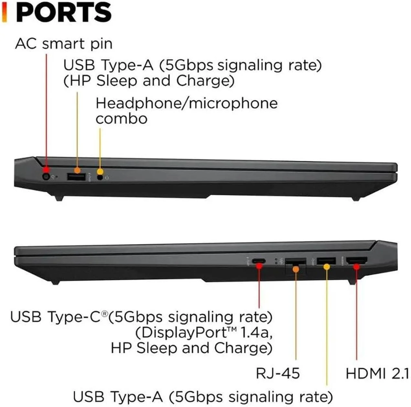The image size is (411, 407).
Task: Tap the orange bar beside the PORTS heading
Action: (x=4, y=12)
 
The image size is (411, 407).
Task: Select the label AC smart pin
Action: (x=64, y=44)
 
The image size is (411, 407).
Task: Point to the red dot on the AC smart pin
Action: (x=46, y=170)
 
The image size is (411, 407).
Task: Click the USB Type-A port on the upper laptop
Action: (x=76, y=177)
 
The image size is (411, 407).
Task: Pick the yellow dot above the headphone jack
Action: (x=100, y=171)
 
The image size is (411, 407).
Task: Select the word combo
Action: (x=121, y=119)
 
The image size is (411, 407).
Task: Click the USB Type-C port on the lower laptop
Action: (x=259, y=261)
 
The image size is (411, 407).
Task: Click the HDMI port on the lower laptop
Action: (x=356, y=260)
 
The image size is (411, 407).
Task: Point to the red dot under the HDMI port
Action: (x=356, y=267)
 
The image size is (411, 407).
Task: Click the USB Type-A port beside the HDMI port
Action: (x=326, y=261)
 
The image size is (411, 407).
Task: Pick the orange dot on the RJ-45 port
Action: (x=296, y=269)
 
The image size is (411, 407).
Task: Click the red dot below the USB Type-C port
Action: (x=259, y=266)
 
